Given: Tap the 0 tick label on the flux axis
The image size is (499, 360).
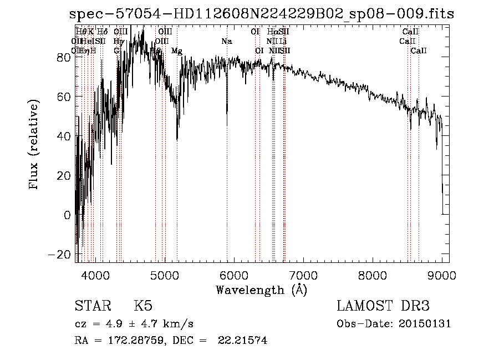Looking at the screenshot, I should pyautogui.click(x=67, y=215).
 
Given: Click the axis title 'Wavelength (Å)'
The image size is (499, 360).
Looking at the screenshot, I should pyautogui.click(x=261, y=290).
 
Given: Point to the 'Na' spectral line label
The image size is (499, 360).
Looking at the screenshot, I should pyautogui.click(x=226, y=41).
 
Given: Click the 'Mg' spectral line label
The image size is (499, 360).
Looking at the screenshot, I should pyautogui.click(x=177, y=51).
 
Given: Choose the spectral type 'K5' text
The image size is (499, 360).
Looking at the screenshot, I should pyautogui.click(x=142, y=306).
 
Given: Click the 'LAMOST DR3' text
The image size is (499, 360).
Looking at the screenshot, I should pyautogui.click(x=383, y=306).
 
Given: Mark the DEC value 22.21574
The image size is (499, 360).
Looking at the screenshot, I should pyautogui.click(x=246, y=341).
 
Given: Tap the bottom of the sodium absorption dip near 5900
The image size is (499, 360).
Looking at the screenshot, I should pyautogui.click(x=227, y=113).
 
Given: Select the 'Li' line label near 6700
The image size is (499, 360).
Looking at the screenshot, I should pyautogui.click(x=283, y=41).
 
